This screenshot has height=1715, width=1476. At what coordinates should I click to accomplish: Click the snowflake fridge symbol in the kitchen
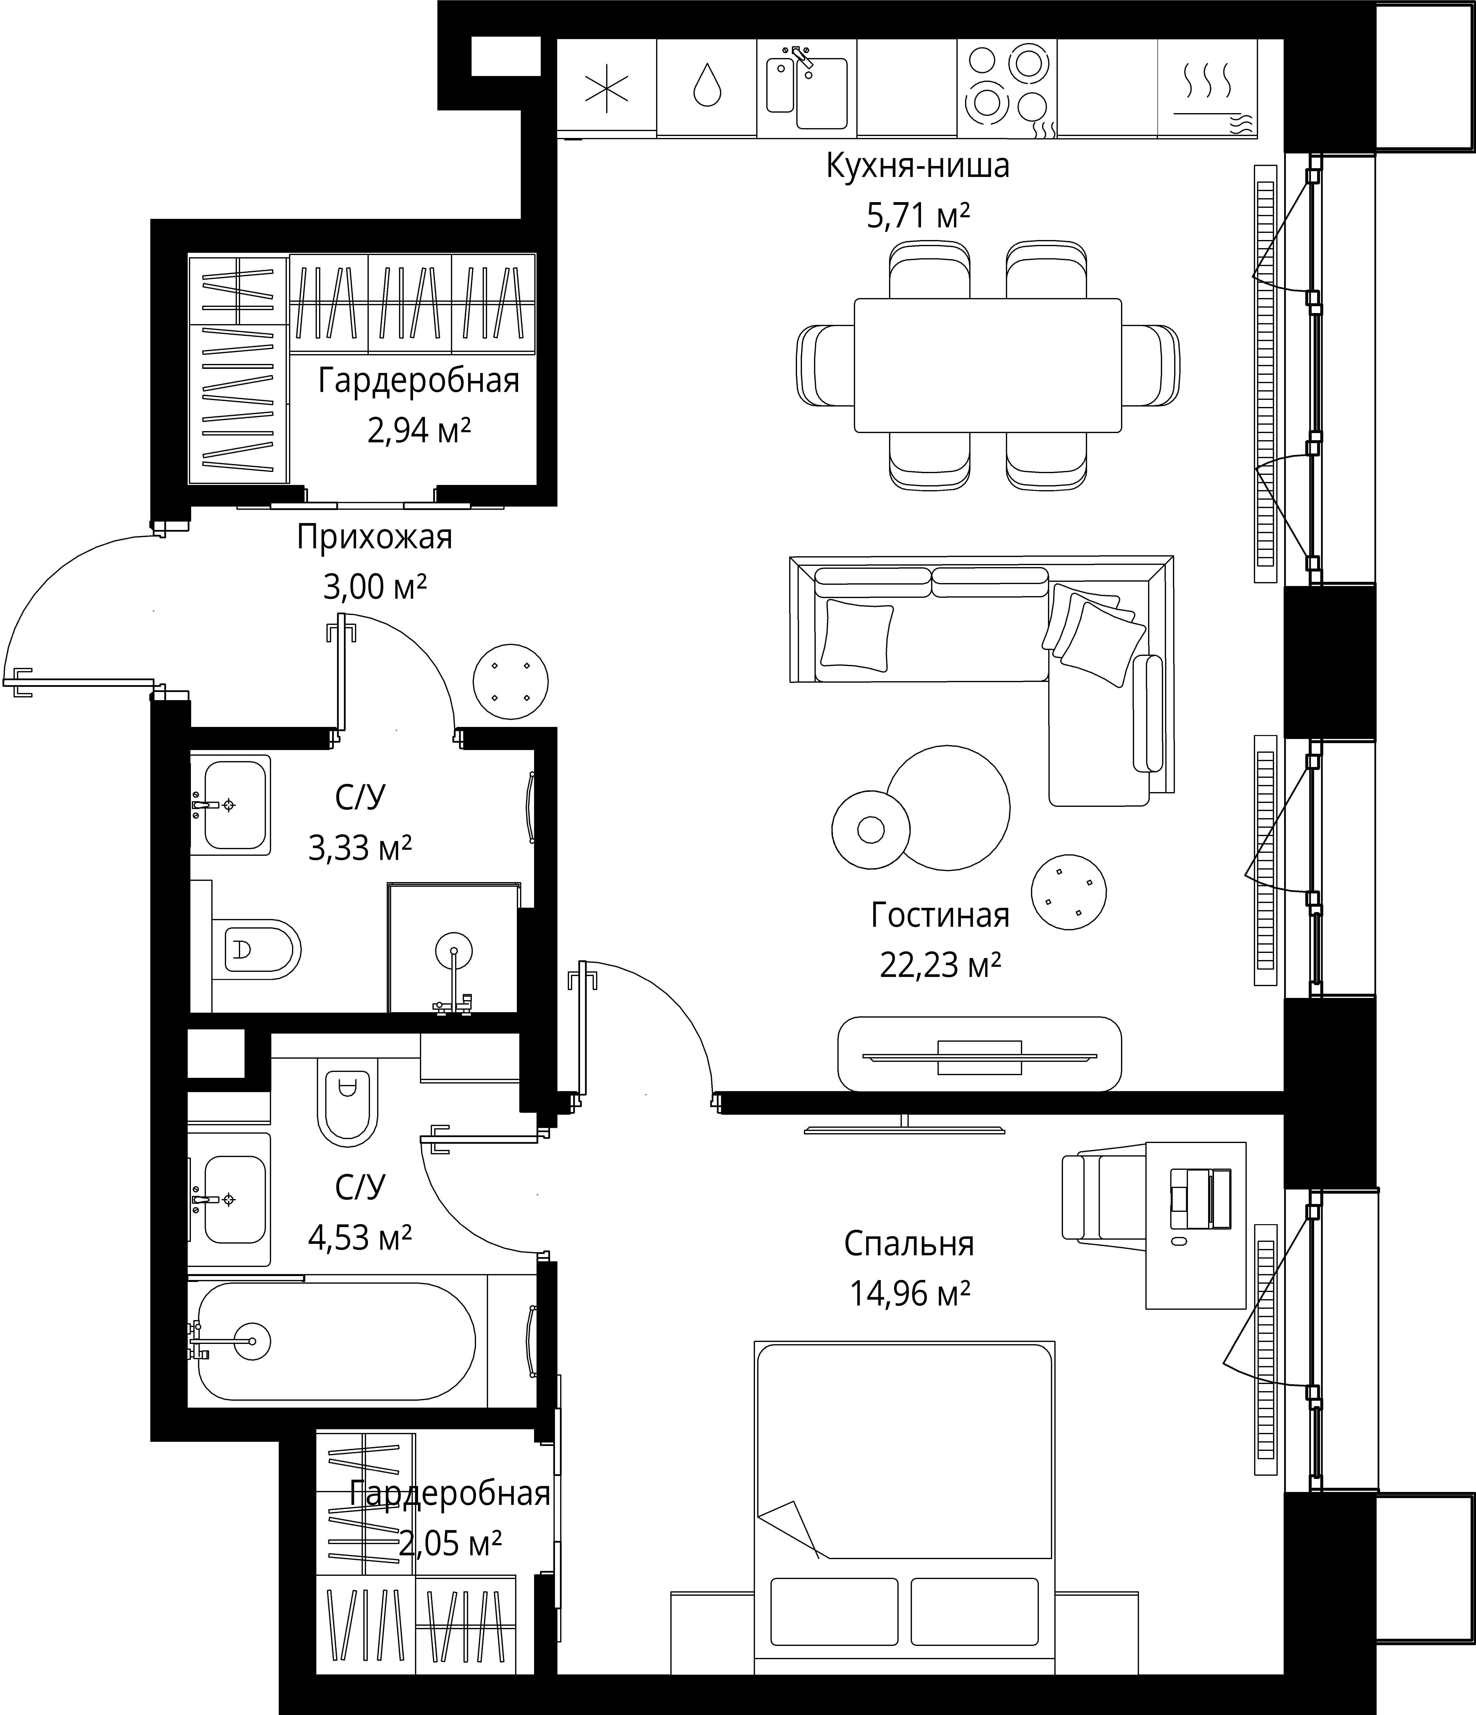(x=607, y=89)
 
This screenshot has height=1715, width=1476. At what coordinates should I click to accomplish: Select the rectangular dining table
(x=988, y=365)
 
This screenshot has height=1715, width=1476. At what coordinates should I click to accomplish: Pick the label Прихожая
(x=375, y=537)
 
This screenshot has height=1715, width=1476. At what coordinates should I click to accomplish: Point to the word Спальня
(x=909, y=1244)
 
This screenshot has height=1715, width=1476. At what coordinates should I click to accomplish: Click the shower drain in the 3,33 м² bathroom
(x=454, y=950)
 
